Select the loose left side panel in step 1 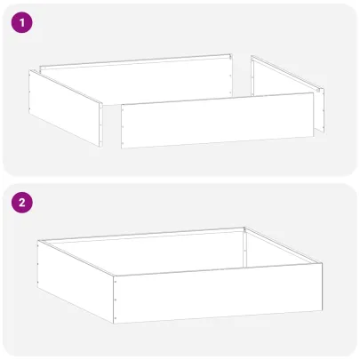(67, 106)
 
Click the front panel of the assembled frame (218, 296)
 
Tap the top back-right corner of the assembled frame (244, 228)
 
